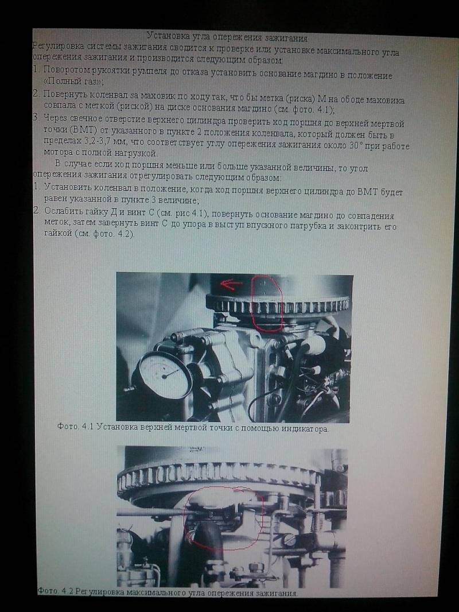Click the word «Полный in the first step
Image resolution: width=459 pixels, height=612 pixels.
(58, 82)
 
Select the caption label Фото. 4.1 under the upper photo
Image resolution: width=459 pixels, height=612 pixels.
(76, 426)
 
